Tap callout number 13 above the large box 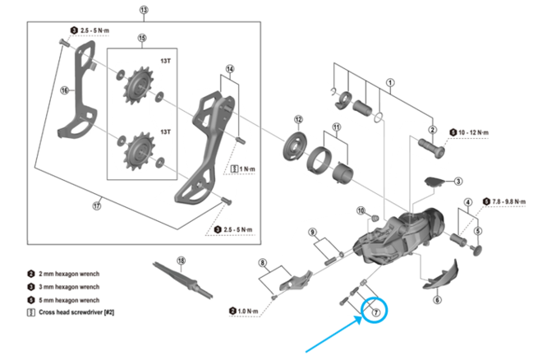pos(145,11)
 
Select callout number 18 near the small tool pos(181,261)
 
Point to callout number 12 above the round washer pos(298,120)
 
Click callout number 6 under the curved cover pos(437,301)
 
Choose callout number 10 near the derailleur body pos(361,211)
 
